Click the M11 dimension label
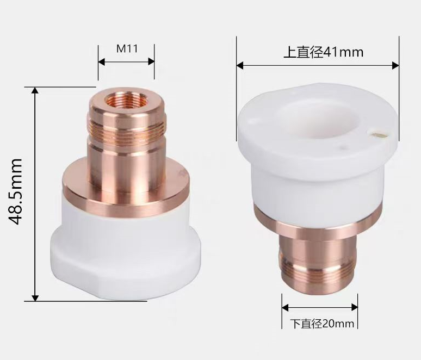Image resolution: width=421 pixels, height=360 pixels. [x=127, y=48]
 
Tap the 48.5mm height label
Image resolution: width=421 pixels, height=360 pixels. [x=15, y=191]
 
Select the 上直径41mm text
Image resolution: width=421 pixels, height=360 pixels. [x=323, y=52]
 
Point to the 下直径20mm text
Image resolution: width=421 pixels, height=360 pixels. [x=322, y=324]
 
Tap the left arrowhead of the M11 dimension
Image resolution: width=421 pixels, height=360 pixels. [x=102, y=62]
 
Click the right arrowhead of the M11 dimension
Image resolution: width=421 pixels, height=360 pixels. [x=151, y=62]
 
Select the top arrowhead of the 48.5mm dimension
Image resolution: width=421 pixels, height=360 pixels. [x=35, y=91]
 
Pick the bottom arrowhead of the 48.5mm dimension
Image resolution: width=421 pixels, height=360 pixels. [x=35, y=297]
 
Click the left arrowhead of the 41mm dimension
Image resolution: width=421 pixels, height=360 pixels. [x=240, y=65]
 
